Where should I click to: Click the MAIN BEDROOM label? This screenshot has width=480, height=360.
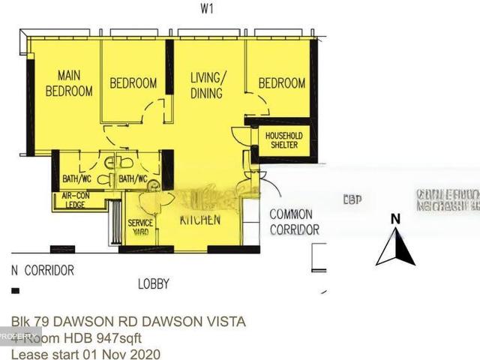click(x=69, y=83)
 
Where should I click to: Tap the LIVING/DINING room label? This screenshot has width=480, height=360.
click(x=206, y=85)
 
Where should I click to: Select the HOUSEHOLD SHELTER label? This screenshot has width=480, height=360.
click(x=282, y=140)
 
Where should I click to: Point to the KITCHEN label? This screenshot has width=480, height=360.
click(x=199, y=220)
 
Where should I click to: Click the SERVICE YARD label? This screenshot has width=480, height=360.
click(x=140, y=227)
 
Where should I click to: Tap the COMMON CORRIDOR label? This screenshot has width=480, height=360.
click(x=294, y=222)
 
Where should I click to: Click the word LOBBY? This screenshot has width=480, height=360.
click(x=153, y=284)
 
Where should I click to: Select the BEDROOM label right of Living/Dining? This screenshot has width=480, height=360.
click(x=282, y=83)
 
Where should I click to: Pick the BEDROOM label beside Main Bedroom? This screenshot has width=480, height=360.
click(x=133, y=83)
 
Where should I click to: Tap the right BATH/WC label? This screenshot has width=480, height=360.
click(x=133, y=179)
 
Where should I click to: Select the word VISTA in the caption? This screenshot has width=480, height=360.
click(x=223, y=322)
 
